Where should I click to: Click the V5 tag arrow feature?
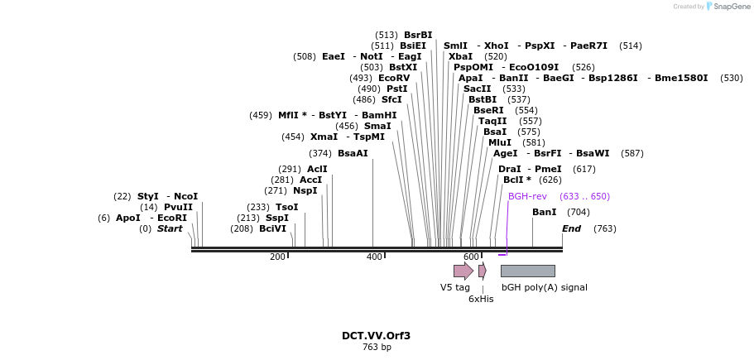(463, 271)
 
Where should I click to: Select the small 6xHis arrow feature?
(482, 271)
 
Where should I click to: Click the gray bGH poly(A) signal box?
(527, 271)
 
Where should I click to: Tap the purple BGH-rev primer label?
(527, 196)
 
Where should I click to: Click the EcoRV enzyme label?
(394, 78)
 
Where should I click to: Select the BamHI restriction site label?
(379, 115)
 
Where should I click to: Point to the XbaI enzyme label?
(460, 56)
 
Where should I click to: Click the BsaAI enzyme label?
(353, 153)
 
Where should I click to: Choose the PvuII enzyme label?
(178, 207)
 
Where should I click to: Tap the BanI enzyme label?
(544, 212)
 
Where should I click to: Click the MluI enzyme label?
(499, 142)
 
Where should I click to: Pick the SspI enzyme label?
(277, 218)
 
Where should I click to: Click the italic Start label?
(170, 228)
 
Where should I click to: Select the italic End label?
(571, 228)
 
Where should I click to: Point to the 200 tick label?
(276, 257)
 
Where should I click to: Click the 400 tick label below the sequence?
(374, 257)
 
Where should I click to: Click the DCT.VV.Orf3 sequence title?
(376, 336)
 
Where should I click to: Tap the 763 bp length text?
(377, 348)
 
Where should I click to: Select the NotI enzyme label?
(371, 56)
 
